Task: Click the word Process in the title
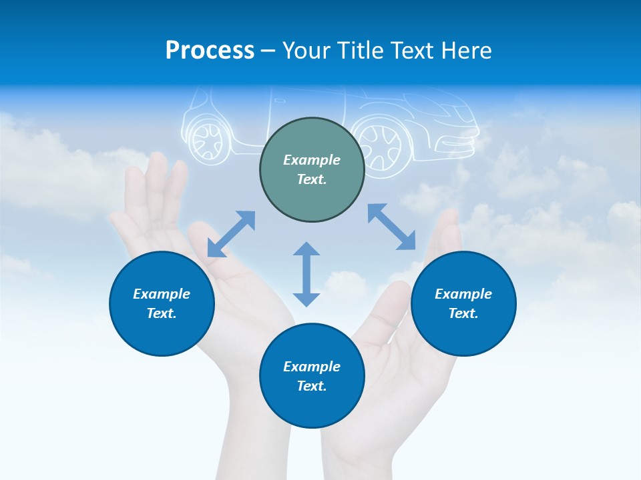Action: point(210,51)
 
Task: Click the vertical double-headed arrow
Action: point(306,274)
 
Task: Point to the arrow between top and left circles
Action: point(231,234)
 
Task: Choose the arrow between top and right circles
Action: point(391,227)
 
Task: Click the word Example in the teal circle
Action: point(312,160)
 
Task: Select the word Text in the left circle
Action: point(162,313)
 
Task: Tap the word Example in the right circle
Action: point(463,294)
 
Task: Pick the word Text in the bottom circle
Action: point(312,386)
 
